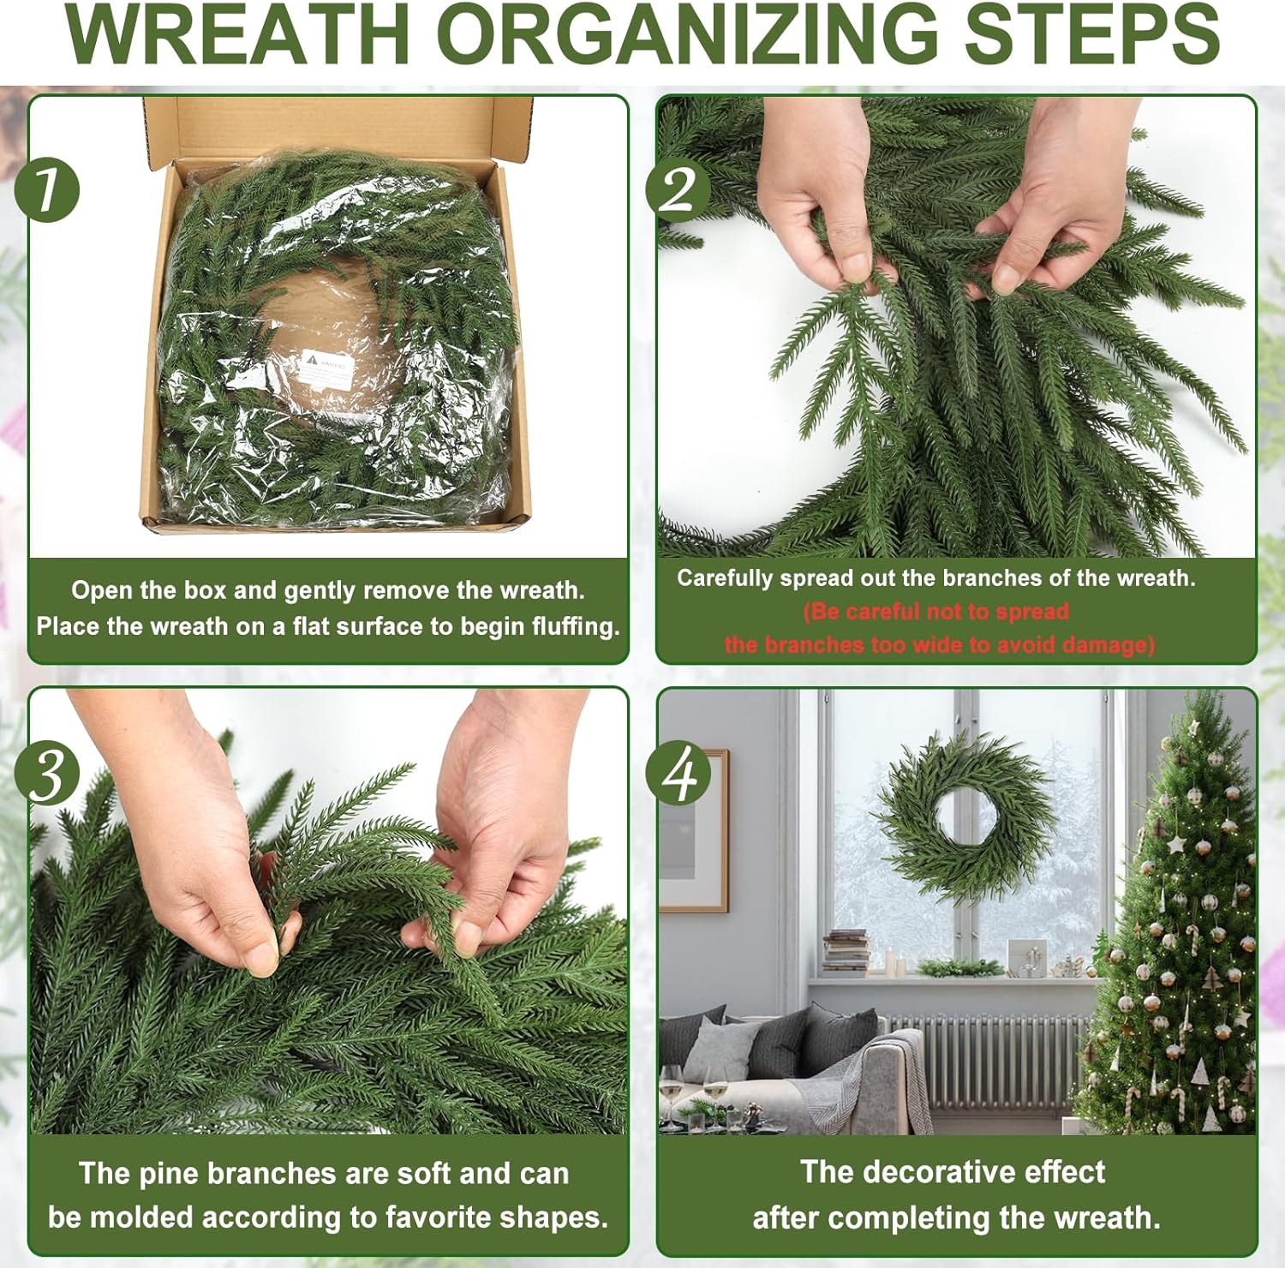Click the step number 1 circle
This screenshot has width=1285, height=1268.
[x=48, y=189]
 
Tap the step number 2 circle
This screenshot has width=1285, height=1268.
[x=678, y=189]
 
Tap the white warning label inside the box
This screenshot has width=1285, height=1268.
[x=326, y=369]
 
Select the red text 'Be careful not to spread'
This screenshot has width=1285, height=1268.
[x=935, y=612]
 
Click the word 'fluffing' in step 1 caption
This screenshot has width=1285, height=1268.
[x=575, y=626]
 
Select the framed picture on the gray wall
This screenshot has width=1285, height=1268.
[x=694, y=831]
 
